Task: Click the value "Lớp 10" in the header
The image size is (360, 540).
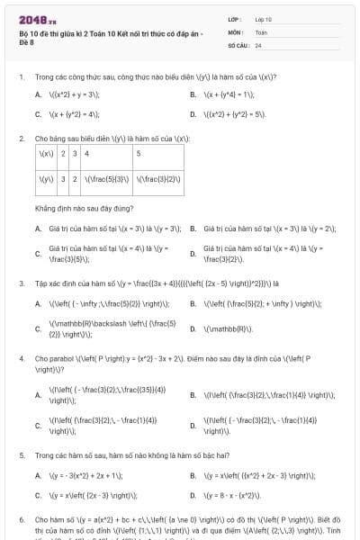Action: [264, 19]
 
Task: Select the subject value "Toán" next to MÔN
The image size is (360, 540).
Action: [261, 31]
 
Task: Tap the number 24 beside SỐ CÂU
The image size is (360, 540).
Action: [258, 44]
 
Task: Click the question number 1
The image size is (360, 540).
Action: [21, 76]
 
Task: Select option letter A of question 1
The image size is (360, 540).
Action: [38, 94]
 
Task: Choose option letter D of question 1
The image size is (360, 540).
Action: [193, 114]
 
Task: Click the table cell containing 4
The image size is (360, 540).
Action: [86, 154]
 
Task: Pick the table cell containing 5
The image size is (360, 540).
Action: [139, 154]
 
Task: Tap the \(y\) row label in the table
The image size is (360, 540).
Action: [45, 179]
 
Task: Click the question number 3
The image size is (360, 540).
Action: [21, 283]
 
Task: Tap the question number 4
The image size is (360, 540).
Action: [21, 358]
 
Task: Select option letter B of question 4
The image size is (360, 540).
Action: [193, 394]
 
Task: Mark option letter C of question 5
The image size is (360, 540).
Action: [38, 494]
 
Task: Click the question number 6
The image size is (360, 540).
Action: [21, 520]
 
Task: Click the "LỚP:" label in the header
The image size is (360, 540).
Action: [235, 19]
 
